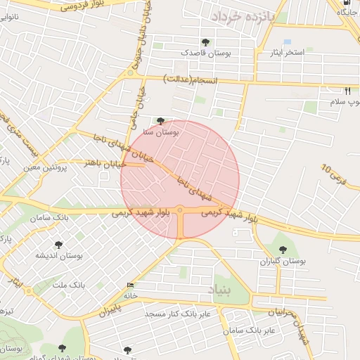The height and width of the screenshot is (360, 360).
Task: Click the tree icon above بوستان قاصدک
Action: coord(205,43)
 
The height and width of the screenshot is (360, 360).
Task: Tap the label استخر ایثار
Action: coord(286,53)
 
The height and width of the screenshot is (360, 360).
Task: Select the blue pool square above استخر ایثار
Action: coord(287,42)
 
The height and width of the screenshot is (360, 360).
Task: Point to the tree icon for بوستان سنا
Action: coord(161,121)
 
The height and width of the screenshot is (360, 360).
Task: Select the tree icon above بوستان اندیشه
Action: coord(58,245)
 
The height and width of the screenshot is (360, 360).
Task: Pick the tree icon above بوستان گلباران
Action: coord(283,250)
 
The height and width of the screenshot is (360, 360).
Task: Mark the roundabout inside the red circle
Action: coord(181,210)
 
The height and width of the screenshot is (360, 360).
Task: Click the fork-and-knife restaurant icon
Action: coord(347,91)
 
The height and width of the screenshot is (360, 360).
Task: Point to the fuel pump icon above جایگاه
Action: coord(345,3)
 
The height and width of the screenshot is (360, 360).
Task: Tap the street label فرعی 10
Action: coord(334,171)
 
